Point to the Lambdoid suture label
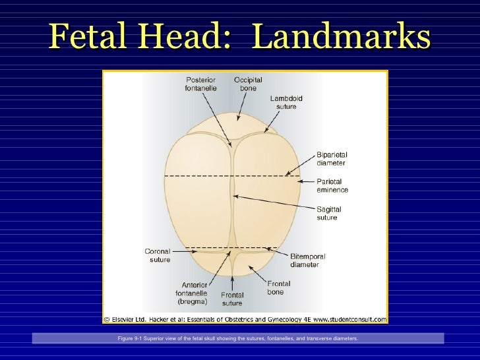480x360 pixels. coord(286,102)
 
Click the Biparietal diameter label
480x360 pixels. coord(331,159)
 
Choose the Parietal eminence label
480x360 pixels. coord(332,185)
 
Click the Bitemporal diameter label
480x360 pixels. coord(308,260)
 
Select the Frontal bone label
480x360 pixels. coord(279,287)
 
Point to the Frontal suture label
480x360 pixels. coord(232,299)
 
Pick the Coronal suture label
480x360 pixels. coord(158,255)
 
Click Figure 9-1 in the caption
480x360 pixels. coord(129,338)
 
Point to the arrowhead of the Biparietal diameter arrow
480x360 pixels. coord(286,175)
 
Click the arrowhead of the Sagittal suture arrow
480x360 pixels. coord(233,195)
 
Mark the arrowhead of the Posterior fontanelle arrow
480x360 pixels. coord(230,144)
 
